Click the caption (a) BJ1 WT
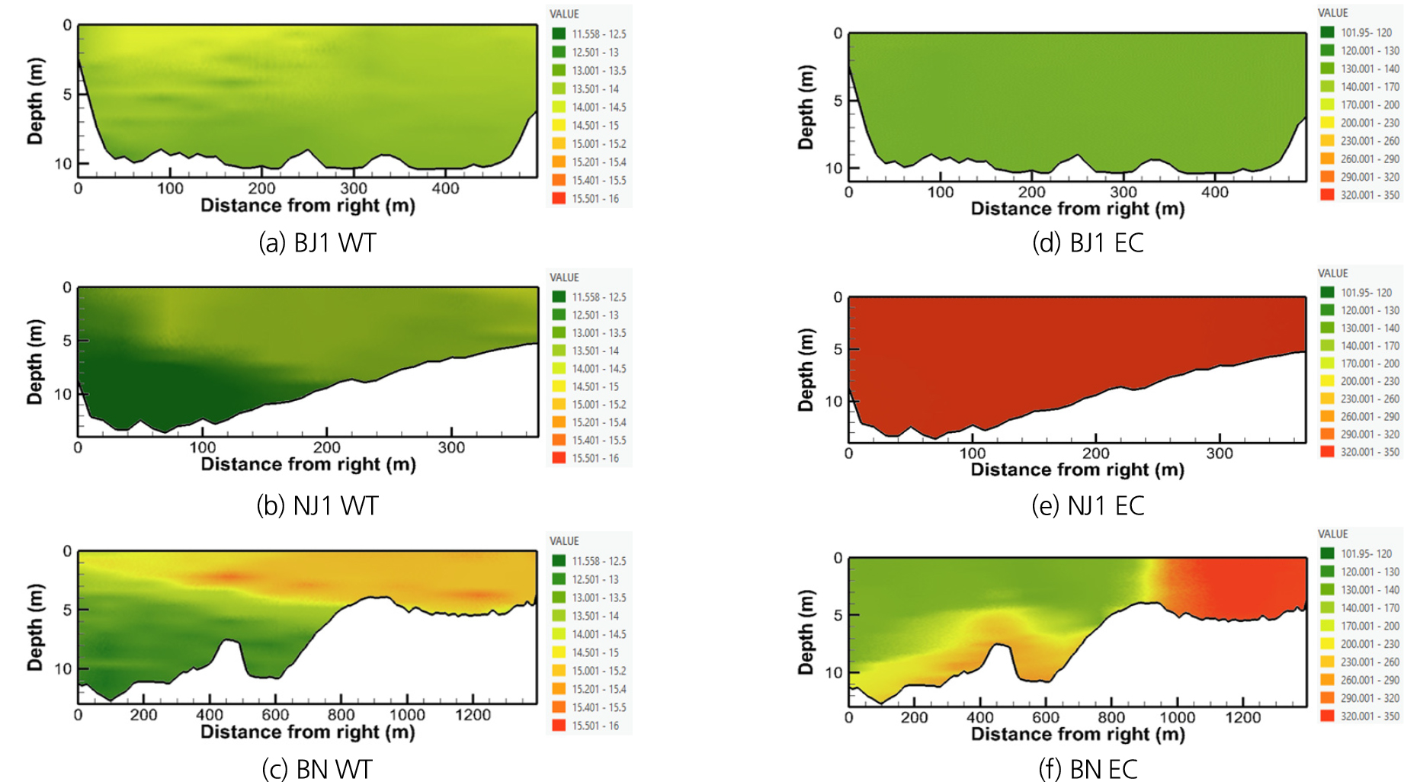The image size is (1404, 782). tap(317, 243)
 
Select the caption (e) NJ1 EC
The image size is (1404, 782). tap(1088, 506)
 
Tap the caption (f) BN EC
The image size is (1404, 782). tap(1088, 769)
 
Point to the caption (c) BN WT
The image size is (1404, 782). tap(317, 769)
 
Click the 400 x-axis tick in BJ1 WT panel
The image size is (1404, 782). tap(445, 188)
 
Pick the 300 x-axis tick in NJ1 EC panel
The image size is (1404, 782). tap(1220, 453)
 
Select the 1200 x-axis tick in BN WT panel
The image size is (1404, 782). tap(473, 715)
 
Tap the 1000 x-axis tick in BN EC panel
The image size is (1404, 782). tap(1177, 717)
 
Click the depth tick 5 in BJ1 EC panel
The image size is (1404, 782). tap(838, 101)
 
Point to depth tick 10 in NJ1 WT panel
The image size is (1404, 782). tap(63, 394)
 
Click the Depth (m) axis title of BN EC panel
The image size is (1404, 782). tap(806, 632)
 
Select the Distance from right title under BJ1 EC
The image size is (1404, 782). tap(1077, 209)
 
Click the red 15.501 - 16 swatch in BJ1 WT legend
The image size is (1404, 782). tap(559, 198)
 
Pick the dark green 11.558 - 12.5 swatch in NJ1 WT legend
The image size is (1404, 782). tap(559, 296)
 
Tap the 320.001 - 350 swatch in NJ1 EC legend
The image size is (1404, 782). tap(1327, 452)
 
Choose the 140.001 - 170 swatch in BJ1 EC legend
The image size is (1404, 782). tap(1327, 87)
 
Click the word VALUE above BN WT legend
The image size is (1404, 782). tap(564, 541)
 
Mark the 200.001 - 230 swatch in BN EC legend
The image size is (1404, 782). tap(1327, 644)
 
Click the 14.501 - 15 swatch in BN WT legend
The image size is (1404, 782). tap(559, 652)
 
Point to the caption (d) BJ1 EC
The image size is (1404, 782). tap(1088, 243)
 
